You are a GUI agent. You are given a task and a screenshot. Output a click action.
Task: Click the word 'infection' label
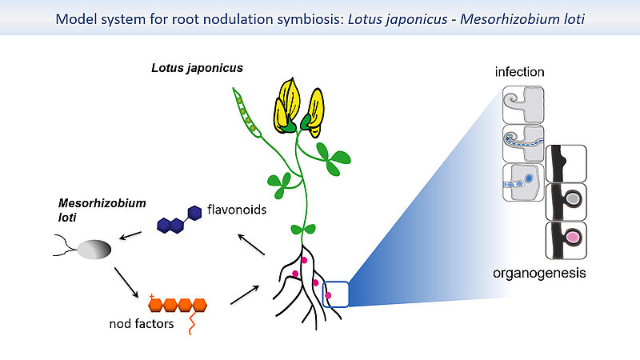[519, 72]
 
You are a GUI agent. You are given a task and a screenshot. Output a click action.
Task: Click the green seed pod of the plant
[245, 111]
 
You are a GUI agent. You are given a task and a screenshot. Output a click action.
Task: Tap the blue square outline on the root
[335, 294]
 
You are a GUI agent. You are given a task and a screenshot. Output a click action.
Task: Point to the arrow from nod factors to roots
[244, 294]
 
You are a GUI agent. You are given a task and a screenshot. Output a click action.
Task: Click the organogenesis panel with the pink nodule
[565, 240]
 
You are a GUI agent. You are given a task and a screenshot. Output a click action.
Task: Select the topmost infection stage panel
[523, 104]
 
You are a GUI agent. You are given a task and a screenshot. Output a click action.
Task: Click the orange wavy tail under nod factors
[192, 322]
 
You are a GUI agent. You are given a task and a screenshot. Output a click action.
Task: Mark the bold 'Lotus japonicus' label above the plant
[197, 69]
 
